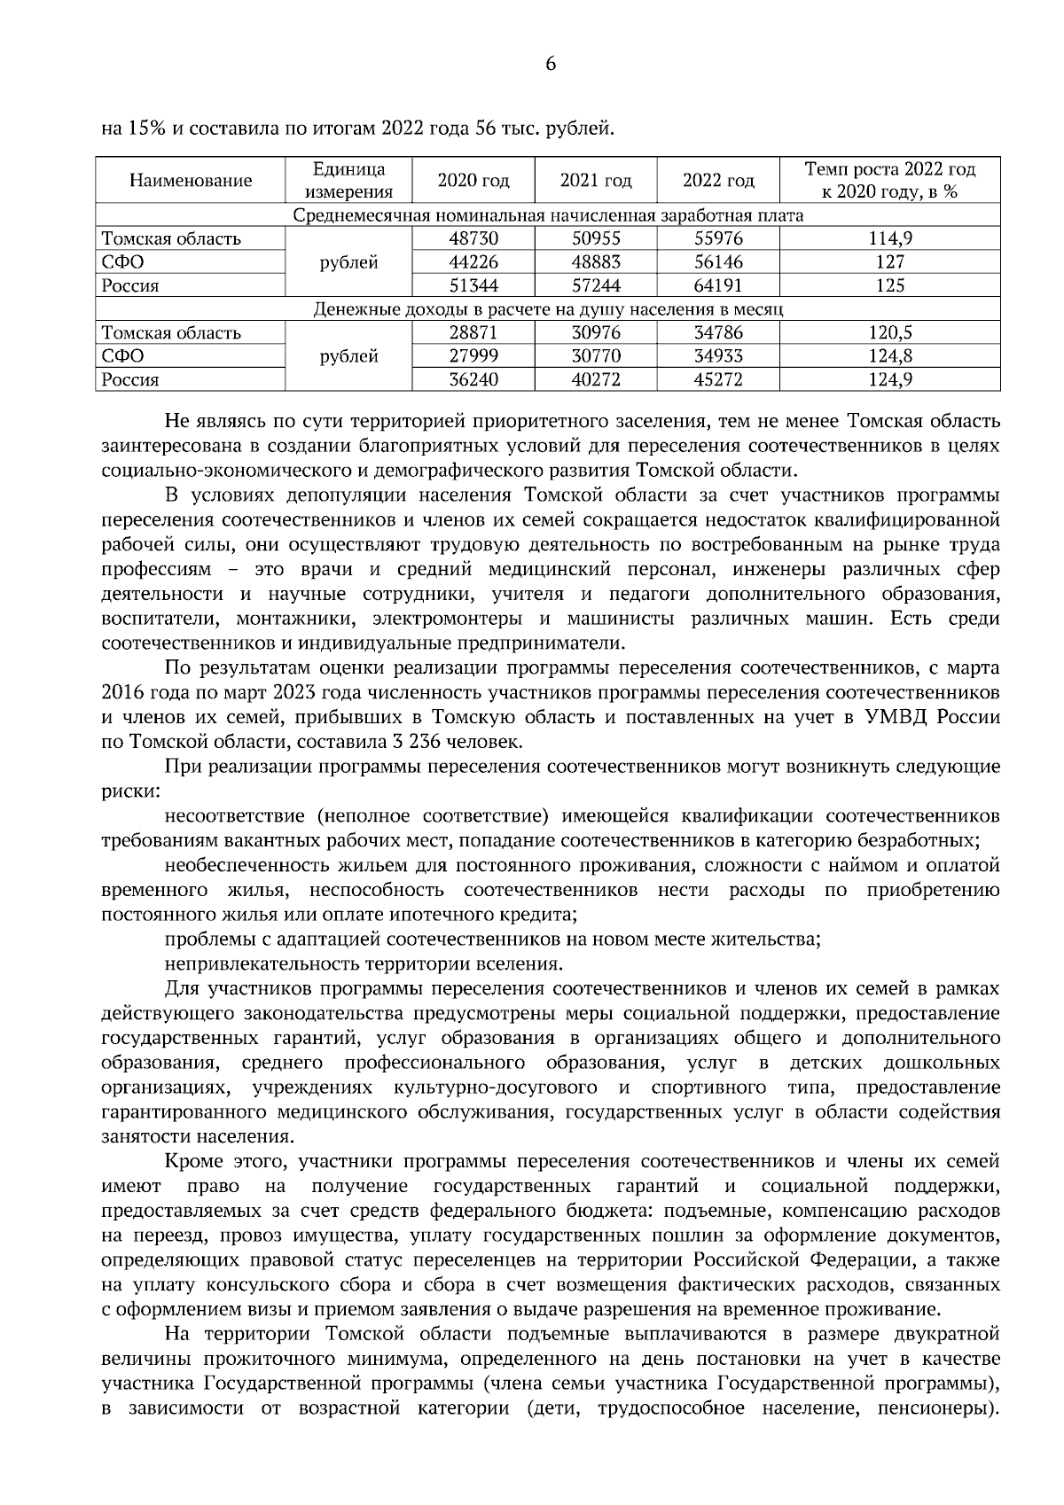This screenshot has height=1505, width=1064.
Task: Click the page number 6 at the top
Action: point(550,64)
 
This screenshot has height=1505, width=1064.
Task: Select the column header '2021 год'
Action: point(596,181)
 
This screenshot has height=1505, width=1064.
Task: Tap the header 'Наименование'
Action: point(191,181)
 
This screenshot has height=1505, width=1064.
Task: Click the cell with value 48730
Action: point(473,238)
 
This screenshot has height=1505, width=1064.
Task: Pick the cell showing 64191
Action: point(718,285)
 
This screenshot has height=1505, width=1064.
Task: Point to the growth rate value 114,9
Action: point(889,238)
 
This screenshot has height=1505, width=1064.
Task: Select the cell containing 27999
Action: point(473,356)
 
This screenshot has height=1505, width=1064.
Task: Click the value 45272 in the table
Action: point(718,379)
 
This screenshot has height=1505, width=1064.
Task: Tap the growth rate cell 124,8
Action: point(889,356)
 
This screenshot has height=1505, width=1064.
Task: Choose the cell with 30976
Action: point(596,333)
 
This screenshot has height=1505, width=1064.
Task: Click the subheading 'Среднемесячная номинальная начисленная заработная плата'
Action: point(548,215)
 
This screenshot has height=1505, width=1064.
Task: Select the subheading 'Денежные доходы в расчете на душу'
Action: point(548,309)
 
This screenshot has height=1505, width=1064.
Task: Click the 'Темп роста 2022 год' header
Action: point(889,169)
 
